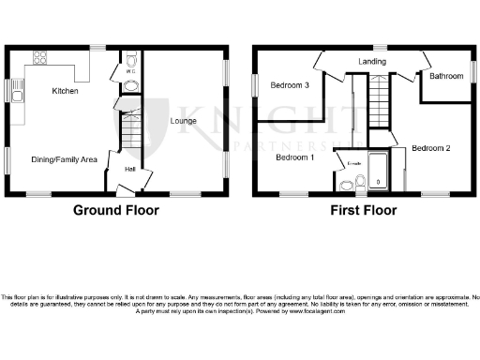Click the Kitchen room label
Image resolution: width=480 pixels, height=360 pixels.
pos(65,92)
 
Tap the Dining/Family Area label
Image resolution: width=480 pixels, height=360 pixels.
pos(65,160)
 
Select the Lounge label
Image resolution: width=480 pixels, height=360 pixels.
pos(182,122)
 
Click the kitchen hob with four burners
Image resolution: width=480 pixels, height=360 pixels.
pos(40,57)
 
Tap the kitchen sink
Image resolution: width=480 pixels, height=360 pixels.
pos(19,90)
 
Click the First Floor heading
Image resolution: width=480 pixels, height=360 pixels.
pos(364,211)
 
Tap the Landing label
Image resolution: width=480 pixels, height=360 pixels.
pos(372,63)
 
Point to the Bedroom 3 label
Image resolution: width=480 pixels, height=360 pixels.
pos(290,85)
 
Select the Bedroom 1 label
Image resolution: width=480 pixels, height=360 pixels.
pos(294,158)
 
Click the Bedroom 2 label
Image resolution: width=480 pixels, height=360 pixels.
pos(431,148)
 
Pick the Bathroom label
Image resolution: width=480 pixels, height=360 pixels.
pos(447,77)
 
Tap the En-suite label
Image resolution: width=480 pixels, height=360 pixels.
pos(353,164)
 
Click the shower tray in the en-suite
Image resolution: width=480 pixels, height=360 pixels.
pos(379,172)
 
